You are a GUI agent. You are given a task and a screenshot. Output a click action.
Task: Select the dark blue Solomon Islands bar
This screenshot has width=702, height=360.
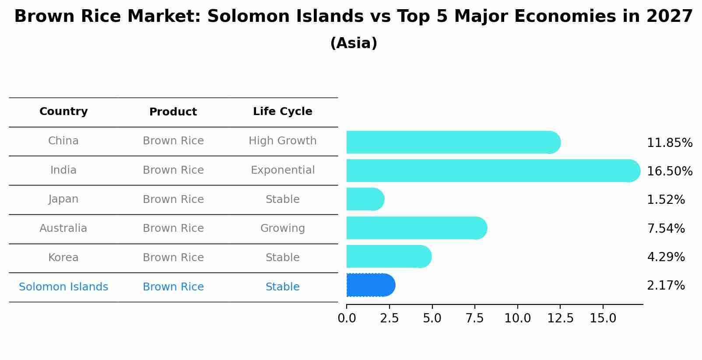tap(370, 285)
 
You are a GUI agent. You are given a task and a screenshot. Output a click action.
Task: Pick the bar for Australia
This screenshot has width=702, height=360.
tap(416, 228)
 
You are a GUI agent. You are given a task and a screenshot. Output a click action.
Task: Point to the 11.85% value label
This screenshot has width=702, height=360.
tap(669, 143)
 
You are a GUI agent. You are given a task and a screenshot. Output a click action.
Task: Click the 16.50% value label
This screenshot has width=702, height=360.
tap(669, 171)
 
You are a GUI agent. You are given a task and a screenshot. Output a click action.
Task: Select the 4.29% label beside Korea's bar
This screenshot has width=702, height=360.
tap(666, 257)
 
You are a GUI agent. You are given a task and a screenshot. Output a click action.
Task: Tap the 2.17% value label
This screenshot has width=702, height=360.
tap(666, 286)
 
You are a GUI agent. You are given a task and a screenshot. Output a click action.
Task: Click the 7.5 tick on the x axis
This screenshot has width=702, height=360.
tap(475, 318)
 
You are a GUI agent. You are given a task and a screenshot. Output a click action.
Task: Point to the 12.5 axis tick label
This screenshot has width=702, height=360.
tap(560, 318)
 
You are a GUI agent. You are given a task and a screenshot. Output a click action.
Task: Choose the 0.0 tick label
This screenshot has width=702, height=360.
tap(347, 318)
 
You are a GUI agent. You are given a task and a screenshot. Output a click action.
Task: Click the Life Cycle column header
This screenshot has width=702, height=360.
tap(282, 112)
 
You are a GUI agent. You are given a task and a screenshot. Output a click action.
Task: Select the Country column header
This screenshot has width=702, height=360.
tap(63, 112)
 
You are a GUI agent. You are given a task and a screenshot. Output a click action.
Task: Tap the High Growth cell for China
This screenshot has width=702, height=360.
tap(282, 141)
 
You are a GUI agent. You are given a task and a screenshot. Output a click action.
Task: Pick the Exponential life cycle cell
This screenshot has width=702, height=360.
tap(282, 170)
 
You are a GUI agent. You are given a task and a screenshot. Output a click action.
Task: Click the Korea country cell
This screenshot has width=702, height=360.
tap(63, 258)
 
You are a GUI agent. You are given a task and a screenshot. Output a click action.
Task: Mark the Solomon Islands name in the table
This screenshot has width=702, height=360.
tap(63, 287)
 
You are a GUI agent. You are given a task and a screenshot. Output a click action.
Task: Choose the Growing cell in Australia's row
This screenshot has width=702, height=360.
tap(282, 228)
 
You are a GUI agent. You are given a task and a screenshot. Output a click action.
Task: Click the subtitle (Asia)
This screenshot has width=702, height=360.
tap(354, 43)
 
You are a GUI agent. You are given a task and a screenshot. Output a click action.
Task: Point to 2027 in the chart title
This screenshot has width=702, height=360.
tap(669, 17)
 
